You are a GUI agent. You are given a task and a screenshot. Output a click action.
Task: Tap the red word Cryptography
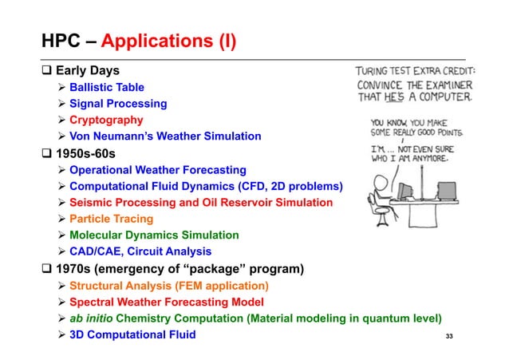(x=106, y=120)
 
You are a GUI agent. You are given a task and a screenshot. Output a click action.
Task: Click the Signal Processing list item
(x=117, y=103)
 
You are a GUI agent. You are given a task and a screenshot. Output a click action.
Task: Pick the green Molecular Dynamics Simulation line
(x=154, y=235)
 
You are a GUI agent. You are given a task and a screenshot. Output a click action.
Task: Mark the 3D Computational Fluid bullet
(x=132, y=334)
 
